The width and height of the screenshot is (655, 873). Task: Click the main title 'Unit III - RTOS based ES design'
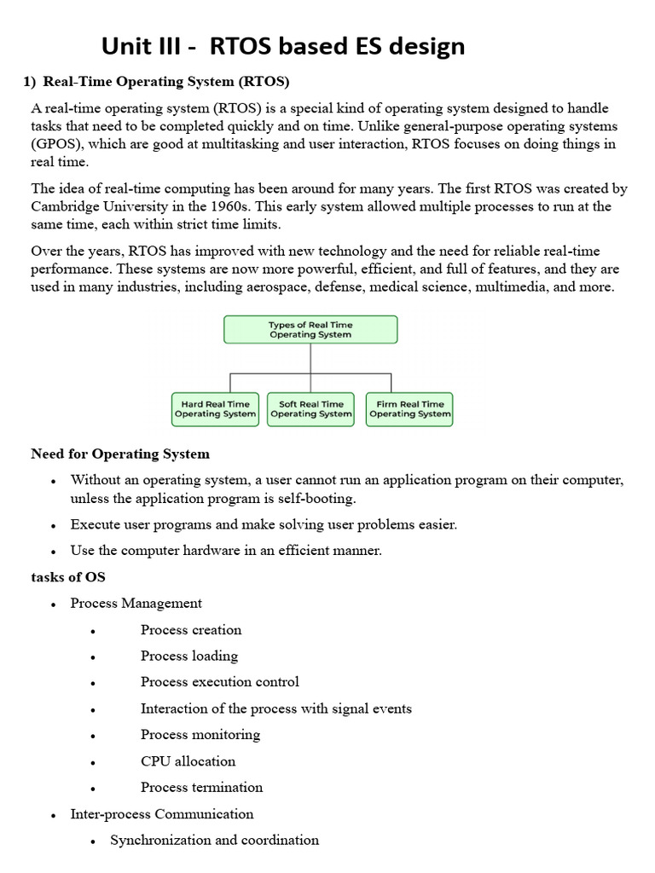coord(283,46)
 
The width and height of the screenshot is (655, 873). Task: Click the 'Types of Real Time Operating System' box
coord(310,330)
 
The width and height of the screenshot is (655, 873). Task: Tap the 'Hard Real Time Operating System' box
coord(215,409)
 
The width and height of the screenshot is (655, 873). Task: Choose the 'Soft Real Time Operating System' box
coord(310,409)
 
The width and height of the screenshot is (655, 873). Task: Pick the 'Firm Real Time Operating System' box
coord(409,409)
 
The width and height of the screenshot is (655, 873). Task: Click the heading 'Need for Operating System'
coord(120,454)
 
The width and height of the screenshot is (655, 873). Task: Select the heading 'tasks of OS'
coord(68,577)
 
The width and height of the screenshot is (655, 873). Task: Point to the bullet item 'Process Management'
coord(136,604)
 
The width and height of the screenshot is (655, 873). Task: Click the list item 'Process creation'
coord(191,630)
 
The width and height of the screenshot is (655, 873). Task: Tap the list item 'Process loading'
coord(189,656)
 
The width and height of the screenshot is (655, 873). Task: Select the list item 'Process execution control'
coord(220,682)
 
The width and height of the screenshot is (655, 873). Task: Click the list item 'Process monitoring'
coord(200,735)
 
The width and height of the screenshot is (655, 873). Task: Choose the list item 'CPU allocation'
coord(188,761)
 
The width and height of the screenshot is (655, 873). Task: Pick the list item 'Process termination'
coord(202,787)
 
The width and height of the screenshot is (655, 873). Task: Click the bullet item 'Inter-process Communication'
coord(162,814)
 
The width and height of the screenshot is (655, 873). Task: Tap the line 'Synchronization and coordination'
coord(215,841)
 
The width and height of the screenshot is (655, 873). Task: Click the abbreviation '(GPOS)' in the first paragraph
coord(56,145)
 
